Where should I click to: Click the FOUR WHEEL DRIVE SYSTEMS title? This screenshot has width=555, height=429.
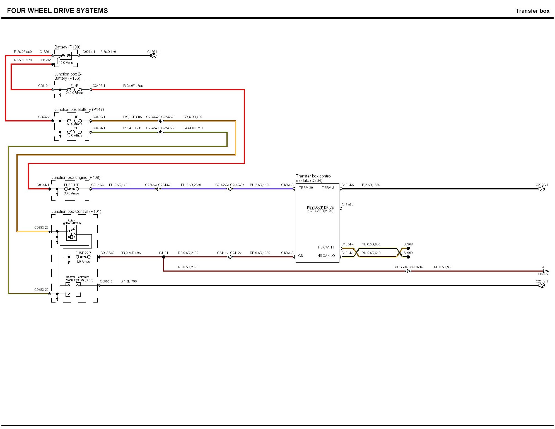tap(57, 11)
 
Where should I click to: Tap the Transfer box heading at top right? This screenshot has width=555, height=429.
tap(532, 11)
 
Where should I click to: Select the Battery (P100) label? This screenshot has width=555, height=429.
tap(67, 47)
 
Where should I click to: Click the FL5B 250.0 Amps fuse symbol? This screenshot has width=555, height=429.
tap(74, 90)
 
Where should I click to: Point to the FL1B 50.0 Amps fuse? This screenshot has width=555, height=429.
tap(74, 121)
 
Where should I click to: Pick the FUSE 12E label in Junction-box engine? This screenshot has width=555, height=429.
tap(71, 185)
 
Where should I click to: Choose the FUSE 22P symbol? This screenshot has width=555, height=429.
tap(83, 257)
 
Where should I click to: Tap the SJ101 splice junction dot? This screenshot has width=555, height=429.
tap(164, 257)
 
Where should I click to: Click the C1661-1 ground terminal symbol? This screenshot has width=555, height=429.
tap(153, 56)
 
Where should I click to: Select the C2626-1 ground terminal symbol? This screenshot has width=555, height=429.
tap(542, 189)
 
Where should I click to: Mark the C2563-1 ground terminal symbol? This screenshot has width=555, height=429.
tap(542, 285)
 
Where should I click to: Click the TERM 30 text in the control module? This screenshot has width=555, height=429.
tap(306, 188)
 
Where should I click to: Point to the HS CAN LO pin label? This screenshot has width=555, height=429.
tap(326, 256)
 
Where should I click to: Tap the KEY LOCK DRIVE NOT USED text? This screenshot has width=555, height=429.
tap(320, 209)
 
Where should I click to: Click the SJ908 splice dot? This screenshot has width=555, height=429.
tap(408, 248)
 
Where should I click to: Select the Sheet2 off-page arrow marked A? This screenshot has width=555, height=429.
tap(546, 271)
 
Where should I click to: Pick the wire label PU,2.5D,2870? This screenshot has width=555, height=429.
tap(191, 185)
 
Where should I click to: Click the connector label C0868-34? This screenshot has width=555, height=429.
tap(400, 267)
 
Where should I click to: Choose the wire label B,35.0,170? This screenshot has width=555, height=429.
tap(108, 52)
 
